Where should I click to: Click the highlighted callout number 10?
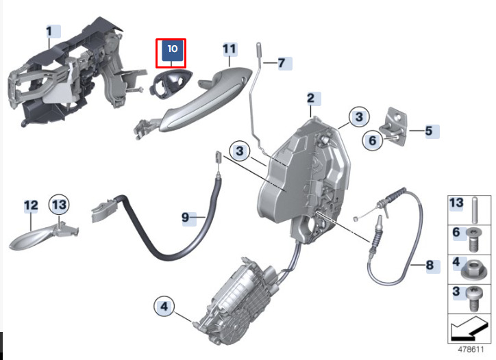[173, 49]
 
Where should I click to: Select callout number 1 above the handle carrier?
[49, 31]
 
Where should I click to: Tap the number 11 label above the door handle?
[230, 49]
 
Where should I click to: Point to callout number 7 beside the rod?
[282, 63]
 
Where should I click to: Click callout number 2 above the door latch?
[311, 99]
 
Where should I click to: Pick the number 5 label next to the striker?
[429, 131]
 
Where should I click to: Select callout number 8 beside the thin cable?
[430, 265]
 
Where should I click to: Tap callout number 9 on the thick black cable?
[186, 217]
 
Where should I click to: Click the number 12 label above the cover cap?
[31, 205]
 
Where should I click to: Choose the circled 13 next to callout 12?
[59, 205]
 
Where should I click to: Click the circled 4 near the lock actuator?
[164, 306]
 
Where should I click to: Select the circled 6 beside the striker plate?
[372, 140]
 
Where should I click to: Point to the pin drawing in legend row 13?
[474, 210]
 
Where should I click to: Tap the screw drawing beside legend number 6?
[473, 240]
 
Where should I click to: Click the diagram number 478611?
[471, 350]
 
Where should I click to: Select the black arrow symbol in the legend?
[469, 329]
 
